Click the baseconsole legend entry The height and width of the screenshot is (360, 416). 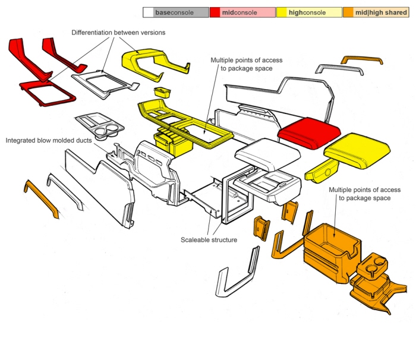[175, 12]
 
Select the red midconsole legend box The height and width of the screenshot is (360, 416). [242, 12]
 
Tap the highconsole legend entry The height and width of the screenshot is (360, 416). [308, 12]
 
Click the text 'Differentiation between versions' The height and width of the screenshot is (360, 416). [119, 32]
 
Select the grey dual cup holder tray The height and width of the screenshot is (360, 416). [101, 122]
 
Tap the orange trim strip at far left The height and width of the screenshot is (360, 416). [40, 199]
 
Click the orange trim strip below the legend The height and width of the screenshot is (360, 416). [362, 60]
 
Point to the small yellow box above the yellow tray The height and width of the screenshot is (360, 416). [161, 93]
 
